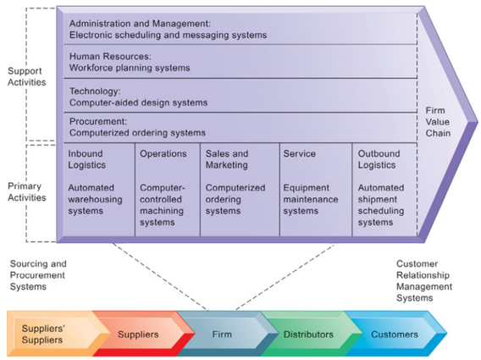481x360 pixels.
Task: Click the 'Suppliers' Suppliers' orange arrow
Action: (43, 334)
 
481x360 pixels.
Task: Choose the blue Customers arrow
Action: (394, 335)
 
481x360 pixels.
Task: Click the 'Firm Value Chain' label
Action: (437, 122)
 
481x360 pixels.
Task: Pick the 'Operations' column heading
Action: (163, 154)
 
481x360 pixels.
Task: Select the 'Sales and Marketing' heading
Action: (227, 160)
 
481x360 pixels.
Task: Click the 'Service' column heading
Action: (300, 154)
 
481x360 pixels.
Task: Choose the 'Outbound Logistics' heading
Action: (379, 160)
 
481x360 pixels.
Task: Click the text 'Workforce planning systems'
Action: (130, 67)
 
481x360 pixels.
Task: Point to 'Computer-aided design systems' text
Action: (138, 102)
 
